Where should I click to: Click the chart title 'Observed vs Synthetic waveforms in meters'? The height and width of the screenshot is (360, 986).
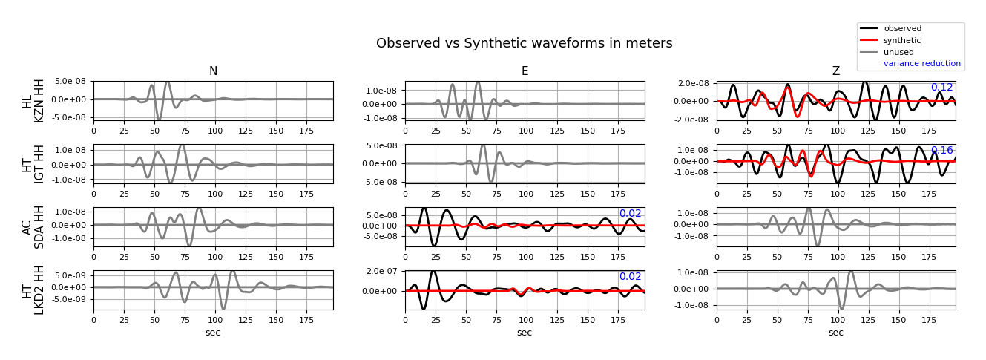pos(524,43)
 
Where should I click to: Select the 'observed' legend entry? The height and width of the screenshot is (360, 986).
pos(902,29)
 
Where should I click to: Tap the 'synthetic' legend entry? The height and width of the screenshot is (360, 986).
pos(902,41)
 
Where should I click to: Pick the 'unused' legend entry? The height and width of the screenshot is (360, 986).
pos(898,52)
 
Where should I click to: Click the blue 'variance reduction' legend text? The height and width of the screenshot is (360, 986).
pos(921,63)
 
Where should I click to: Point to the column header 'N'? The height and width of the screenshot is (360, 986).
pos(213,71)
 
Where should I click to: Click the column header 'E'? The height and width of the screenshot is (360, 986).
pos(525,71)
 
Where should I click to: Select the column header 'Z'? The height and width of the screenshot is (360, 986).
pos(836,71)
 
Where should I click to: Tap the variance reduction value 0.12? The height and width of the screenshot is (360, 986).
pos(941,88)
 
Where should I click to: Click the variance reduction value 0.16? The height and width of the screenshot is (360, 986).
pos(941,150)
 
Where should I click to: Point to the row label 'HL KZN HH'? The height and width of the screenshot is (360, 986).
pos(33,101)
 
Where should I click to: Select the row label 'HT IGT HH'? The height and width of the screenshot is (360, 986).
pos(33,164)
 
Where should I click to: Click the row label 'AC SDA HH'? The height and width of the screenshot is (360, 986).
pos(33,227)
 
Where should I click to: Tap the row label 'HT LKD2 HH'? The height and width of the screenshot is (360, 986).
pos(33,290)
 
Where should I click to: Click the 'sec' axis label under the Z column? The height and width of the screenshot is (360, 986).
pos(836,333)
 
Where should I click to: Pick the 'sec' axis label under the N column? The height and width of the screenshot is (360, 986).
pos(213,333)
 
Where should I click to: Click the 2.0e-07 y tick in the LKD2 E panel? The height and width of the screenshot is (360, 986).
pos(381,271)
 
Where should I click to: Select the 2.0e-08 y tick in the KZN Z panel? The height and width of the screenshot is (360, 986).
pos(693,83)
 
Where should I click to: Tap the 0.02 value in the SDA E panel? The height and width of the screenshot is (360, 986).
pos(631,213)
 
